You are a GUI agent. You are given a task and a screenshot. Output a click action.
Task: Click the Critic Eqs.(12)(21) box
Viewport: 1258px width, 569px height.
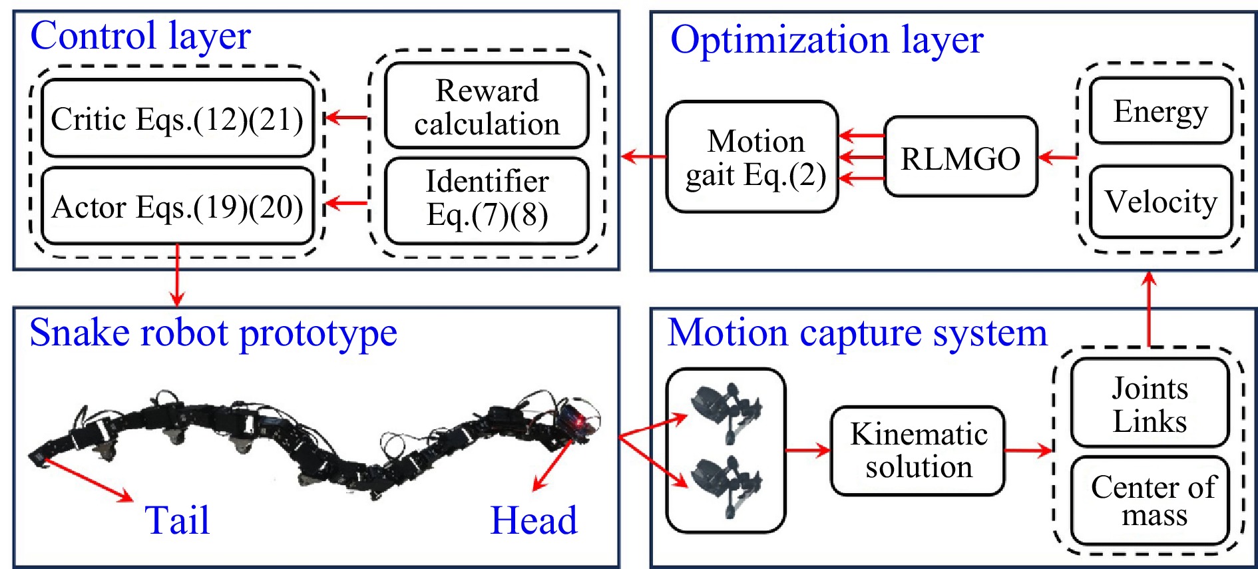(x=177, y=119)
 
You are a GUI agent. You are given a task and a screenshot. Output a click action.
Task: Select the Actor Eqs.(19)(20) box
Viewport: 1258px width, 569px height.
(x=177, y=206)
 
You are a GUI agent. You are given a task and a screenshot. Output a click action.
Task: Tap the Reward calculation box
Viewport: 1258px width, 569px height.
(x=487, y=106)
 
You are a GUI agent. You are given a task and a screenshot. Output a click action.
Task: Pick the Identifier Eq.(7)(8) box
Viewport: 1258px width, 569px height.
(x=487, y=198)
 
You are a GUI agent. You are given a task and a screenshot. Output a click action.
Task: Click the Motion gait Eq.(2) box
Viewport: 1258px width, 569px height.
(x=753, y=158)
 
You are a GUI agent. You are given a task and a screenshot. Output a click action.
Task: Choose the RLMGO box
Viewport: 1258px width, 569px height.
(x=960, y=158)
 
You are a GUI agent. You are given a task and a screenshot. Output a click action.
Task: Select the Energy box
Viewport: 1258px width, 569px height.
(x=1160, y=111)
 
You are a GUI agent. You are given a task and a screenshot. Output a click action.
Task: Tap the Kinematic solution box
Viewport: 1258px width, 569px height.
(x=918, y=451)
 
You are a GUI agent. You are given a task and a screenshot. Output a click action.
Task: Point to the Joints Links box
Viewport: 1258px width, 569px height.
(x=1150, y=403)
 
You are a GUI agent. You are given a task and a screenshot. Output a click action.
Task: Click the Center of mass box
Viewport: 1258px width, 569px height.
(x=1150, y=500)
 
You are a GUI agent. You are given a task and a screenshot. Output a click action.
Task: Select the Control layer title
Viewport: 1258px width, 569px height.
(x=140, y=36)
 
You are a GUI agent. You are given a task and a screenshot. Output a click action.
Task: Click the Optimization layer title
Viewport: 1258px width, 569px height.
(x=827, y=40)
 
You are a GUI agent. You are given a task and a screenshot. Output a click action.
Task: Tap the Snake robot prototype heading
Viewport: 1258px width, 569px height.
(x=213, y=333)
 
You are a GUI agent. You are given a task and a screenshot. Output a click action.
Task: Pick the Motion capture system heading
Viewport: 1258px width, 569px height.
(x=857, y=333)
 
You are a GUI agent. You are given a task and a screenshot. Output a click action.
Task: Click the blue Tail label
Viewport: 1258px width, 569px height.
(x=177, y=520)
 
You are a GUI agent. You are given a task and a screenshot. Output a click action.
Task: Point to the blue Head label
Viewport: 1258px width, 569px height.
(x=534, y=520)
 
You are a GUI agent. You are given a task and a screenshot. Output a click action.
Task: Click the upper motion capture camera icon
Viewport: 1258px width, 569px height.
(x=726, y=412)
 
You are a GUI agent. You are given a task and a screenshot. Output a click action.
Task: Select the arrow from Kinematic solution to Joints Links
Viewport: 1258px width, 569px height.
(x=1028, y=451)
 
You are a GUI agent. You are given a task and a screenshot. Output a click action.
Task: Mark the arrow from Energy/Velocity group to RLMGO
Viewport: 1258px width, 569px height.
(x=1057, y=158)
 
